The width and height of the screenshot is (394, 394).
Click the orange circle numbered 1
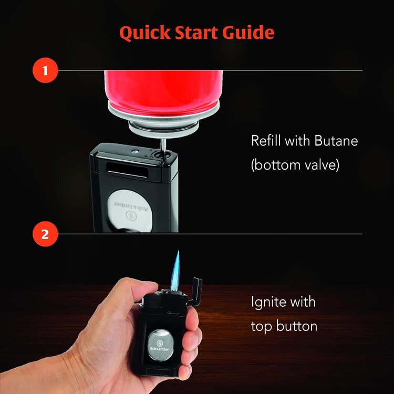click(x=45, y=70)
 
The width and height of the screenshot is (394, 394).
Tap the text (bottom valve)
click(x=295, y=165)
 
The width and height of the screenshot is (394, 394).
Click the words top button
click(x=284, y=326)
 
